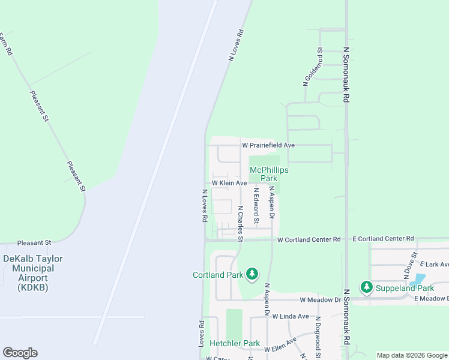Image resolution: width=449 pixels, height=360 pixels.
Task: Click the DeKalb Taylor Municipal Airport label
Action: click(33, 273)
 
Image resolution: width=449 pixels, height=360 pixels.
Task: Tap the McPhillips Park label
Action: click(269, 174)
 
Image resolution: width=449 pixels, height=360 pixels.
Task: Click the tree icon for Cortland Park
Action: click(252, 274)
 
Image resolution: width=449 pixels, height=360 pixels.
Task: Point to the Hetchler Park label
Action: click(235, 344)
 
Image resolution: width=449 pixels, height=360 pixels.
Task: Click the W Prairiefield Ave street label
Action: click(268, 145)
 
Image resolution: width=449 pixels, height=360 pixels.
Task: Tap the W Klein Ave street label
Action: click(229, 183)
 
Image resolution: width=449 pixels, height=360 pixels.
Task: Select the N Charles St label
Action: click(240, 224)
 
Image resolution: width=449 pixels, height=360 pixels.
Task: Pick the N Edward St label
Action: click(256, 206)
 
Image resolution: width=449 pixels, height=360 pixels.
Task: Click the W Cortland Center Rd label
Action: click(309, 239)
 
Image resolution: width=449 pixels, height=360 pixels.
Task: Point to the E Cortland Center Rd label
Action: click(383, 239)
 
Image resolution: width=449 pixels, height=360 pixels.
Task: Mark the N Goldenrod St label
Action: click(313, 67)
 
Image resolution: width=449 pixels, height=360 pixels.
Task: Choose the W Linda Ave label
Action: click(290, 316)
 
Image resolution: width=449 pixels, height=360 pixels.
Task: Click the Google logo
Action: click(20, 352)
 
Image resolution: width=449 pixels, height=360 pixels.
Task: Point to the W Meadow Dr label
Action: click(321, 299)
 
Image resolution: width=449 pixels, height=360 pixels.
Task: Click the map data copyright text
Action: click(411, 355)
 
